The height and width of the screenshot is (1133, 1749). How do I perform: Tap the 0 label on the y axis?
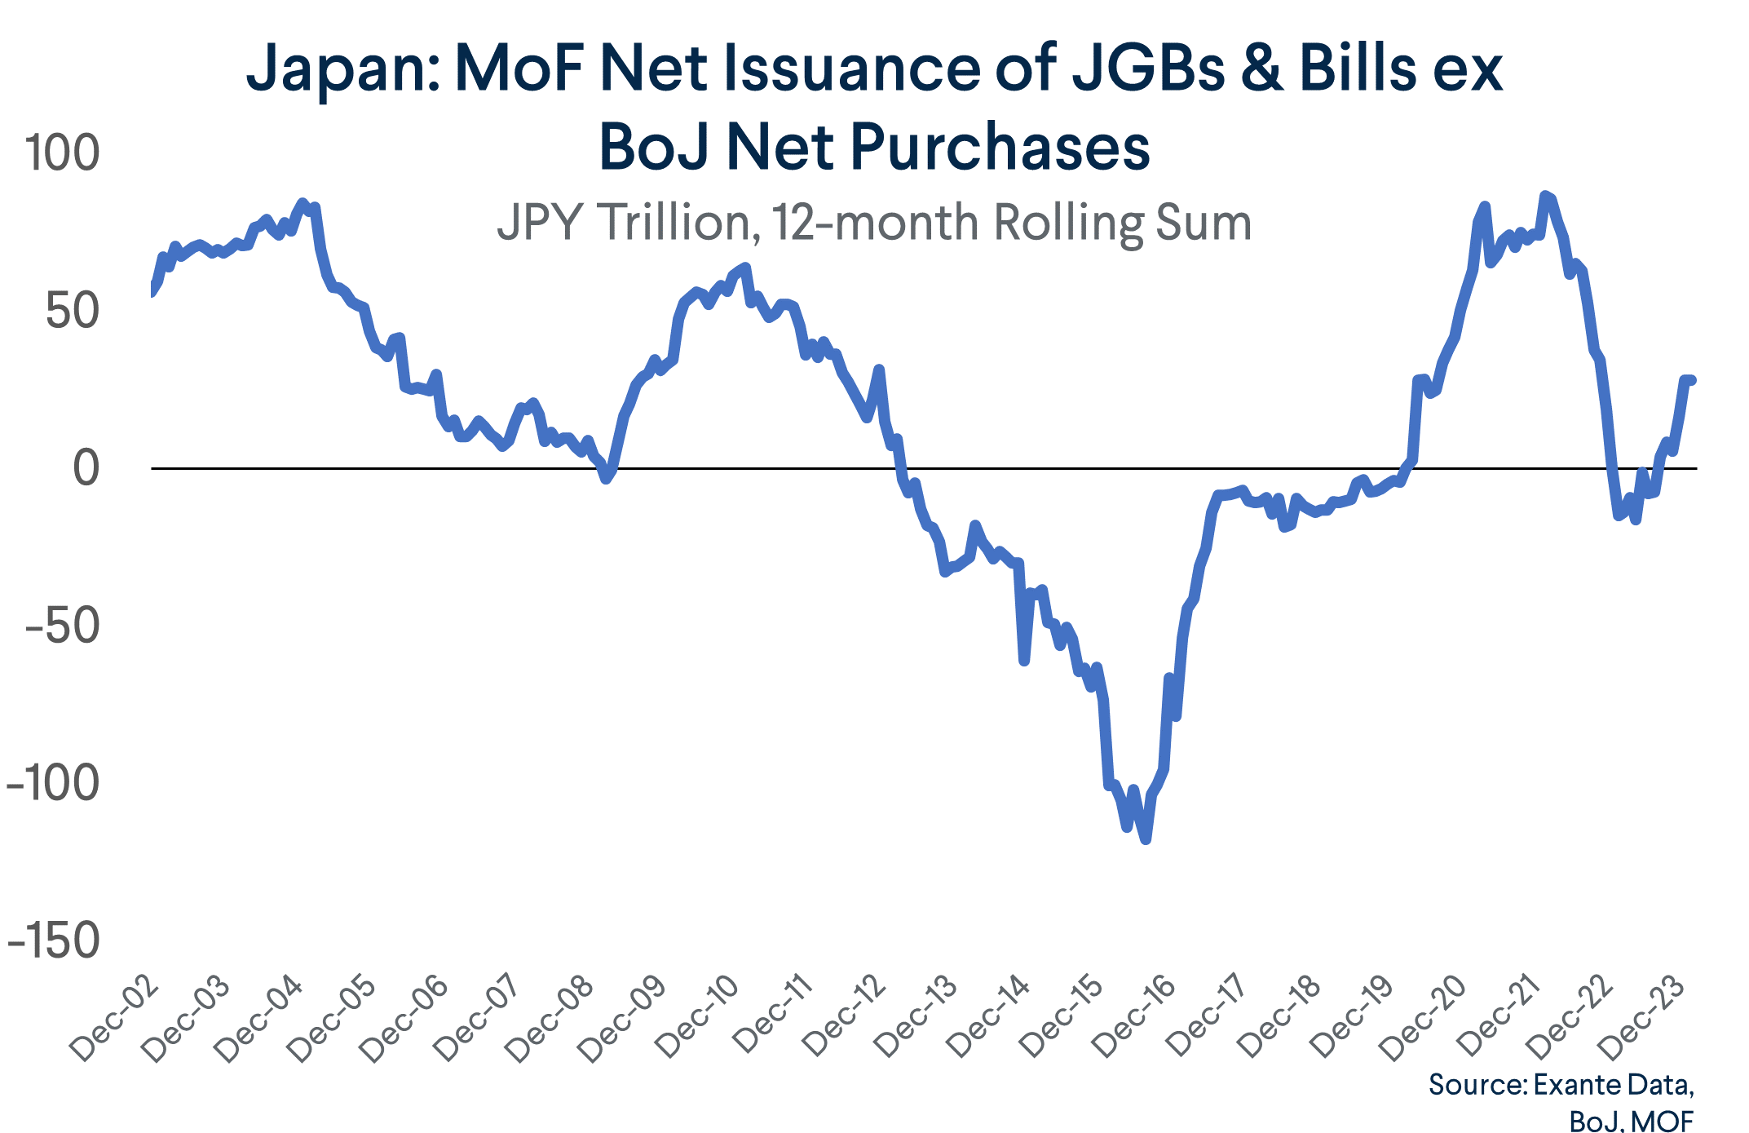click(86, 468)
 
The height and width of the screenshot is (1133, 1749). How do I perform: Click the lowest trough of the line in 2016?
click(1146, 839)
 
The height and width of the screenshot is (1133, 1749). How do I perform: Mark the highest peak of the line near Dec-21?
click(1544, 195)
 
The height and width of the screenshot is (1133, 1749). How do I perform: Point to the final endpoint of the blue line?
click(1691, 380)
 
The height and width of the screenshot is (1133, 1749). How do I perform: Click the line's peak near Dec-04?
click(303, 202)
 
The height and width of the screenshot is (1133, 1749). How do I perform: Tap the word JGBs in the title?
click(1147, 69)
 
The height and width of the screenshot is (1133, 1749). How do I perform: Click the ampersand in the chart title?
click(1261, 69)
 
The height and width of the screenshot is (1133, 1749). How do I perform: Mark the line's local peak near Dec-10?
click(744, 268)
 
